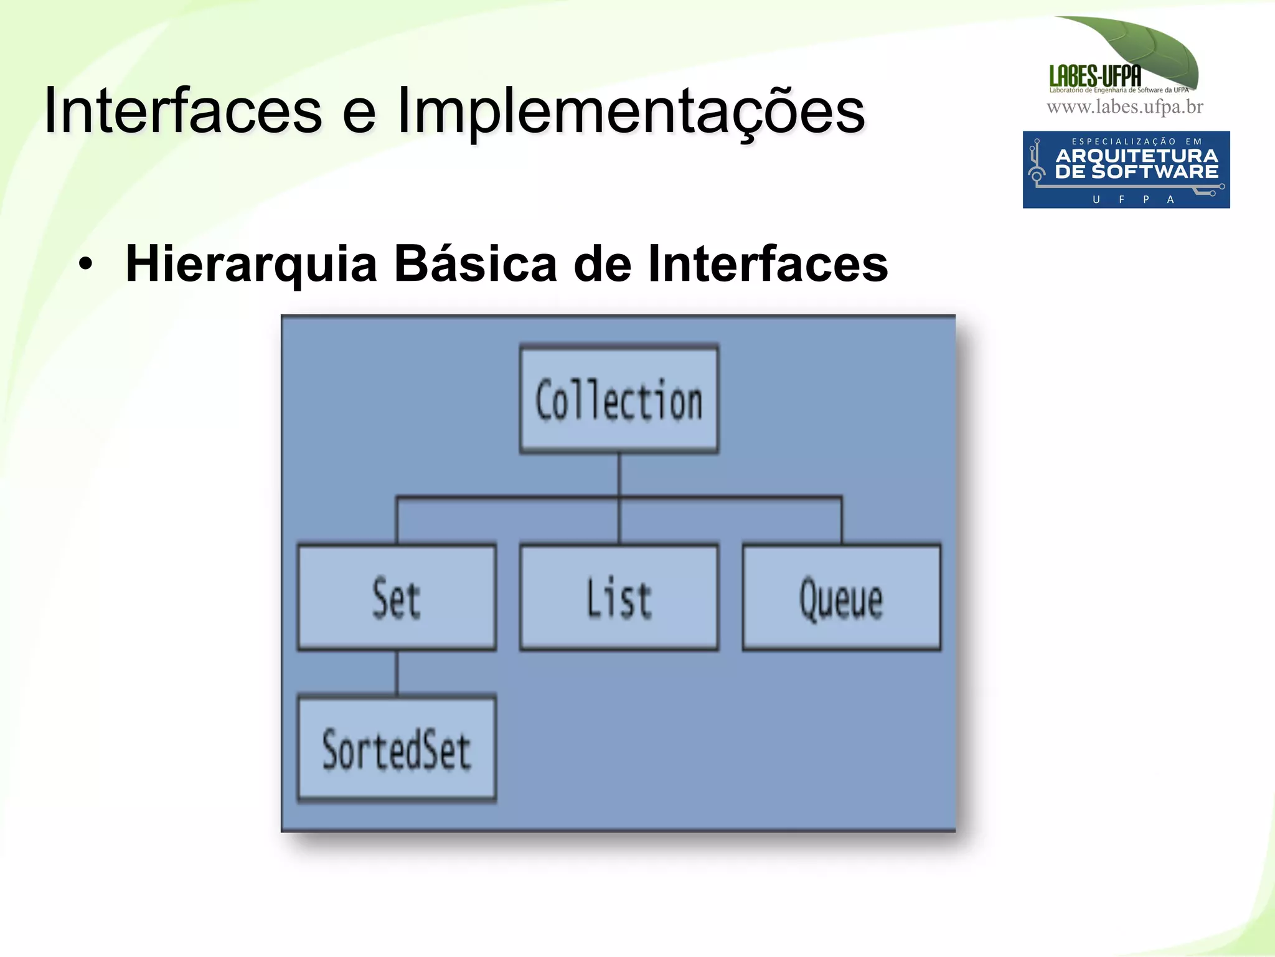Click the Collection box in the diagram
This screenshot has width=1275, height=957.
(619, 399)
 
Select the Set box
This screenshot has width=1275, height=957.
(397, 598)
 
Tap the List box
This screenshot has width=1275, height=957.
(619, 598)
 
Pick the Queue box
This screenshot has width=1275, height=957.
(841, 598)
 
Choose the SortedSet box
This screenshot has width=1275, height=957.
(397, 749)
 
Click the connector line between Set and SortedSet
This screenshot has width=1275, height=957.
(397, 673)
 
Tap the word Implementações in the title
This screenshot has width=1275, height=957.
(631, 111)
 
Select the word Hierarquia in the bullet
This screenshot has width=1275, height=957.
(252, 264)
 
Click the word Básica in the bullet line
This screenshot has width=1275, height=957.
(476, 264)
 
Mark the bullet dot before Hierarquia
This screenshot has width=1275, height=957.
(85, 265)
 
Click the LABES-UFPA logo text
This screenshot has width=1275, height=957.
(1095, 77)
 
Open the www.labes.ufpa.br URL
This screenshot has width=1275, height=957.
(1125, 107)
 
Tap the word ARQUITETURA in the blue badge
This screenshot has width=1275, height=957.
(1136, 155)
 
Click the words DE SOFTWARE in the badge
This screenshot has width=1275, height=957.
(1136, 172)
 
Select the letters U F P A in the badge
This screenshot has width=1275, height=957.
(1133, 199)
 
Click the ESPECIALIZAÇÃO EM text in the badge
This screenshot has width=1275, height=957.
(1136, 141)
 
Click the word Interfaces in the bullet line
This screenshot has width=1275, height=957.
(768, 264)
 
